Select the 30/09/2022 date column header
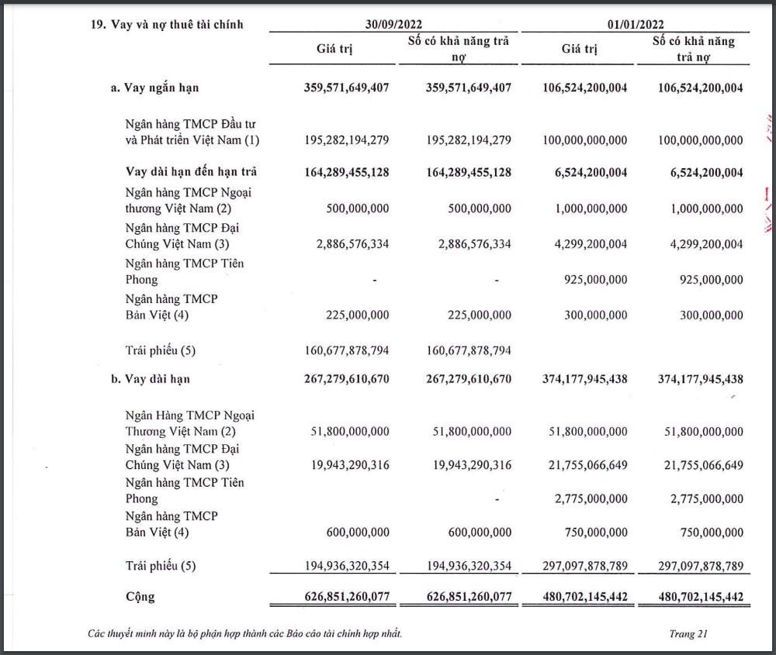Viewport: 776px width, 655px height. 394,24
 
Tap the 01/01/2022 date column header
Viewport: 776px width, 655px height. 636,24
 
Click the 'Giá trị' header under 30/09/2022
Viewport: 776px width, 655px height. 334,49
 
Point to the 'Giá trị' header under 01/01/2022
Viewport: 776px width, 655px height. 580,49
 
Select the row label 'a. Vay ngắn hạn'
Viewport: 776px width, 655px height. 154,88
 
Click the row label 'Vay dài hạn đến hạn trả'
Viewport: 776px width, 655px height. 191,172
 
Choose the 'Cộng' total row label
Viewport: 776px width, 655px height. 140,597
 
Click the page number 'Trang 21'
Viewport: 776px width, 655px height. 688,634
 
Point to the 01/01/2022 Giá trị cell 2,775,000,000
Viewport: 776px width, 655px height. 591,499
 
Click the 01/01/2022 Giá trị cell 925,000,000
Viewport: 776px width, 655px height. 595,279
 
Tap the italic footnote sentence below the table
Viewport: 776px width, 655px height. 244,634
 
